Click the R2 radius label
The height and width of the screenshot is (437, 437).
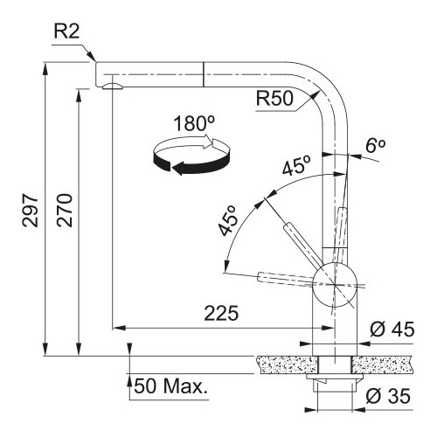click(66, 31)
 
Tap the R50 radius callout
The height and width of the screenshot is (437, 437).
click(274, 98)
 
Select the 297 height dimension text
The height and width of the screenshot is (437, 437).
click(31, 210)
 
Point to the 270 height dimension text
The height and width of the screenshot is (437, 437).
click(65, 210)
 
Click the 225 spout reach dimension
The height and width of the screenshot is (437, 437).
click(221, 314)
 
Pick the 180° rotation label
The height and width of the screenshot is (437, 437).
click(194, 123)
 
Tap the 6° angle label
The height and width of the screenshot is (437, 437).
click(376, 146)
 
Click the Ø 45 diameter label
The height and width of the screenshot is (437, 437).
click(392, 329)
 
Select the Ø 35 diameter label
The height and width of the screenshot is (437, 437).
click(388, 396)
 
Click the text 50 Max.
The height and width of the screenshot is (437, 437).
click(171, 386)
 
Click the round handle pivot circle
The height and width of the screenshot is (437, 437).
click(335, 285)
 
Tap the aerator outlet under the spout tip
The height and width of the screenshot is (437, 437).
click(113, 86)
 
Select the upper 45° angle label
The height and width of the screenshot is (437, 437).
click(296, 165)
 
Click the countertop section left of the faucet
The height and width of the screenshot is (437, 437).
click(288, 364)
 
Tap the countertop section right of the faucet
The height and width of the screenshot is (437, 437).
click(382, 364)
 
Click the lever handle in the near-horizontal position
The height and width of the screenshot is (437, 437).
click(287, 279)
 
